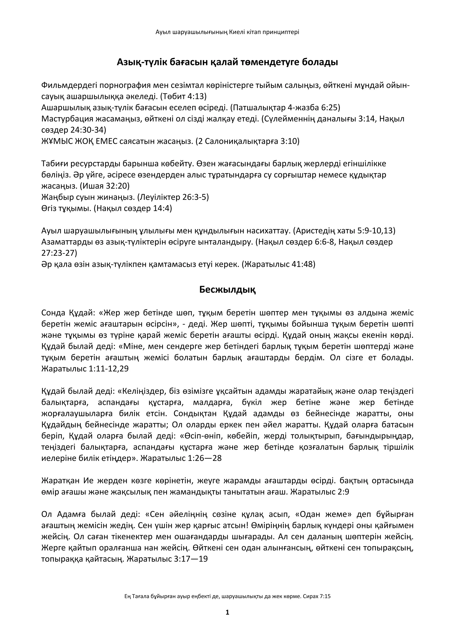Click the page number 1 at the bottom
pyautogui.click(x=227, y=613)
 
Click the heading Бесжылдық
pyautogui.click(x=227, y=290)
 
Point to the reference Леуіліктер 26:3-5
pyautogui.click(x=173, y=197)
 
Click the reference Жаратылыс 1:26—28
pyautogui.click(x=181, y=458)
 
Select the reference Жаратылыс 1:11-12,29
pyautogui.click(x=85, y=369)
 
